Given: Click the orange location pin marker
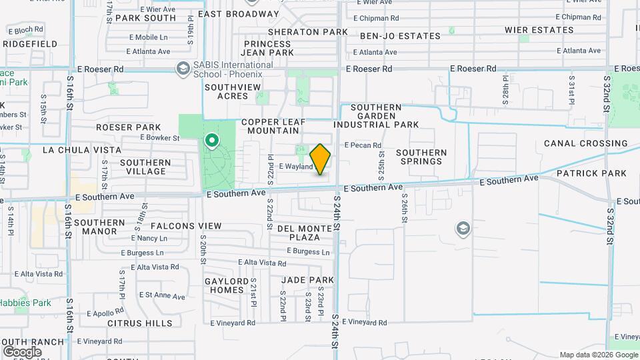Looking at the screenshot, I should click(x=321, y=159).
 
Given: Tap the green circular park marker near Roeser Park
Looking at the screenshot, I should click(x=212, y=141).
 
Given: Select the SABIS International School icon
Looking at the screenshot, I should click(x=182, y=69).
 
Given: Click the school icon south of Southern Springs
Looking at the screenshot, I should click(x=462, y=230).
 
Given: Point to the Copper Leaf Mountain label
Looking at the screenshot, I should click(x=286, y=127).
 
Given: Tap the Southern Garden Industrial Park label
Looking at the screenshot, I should click(x=385, y=116).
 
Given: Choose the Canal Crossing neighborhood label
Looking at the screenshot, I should click(x=585, y=143).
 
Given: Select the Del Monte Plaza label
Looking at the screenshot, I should click(x=305, y=233).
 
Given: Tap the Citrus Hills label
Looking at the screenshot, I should click(x=140, y=323).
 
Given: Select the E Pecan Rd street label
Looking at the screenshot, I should click(x=363, y=145).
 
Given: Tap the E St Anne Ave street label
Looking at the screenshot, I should click(x=161, y=295).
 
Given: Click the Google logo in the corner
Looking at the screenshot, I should click(x=22, y=351).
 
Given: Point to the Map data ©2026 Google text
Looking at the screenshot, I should click(x=597, y=355).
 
